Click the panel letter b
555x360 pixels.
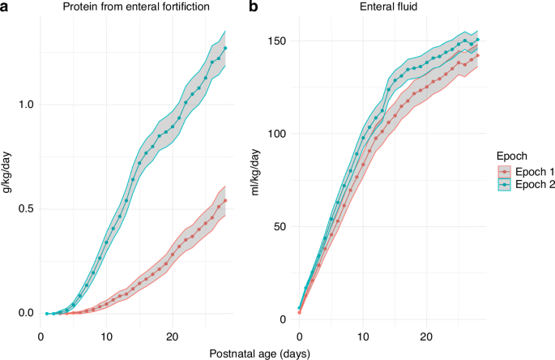click(x=254, y=7)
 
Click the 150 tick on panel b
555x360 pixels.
click(x=278, y=41)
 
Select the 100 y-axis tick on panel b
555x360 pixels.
click(x=278, y=134)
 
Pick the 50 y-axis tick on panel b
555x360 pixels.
click(x=280, y=226)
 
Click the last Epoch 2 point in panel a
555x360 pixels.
click(x=225, y=48)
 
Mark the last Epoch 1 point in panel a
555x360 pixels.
click(x=225, y=200)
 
